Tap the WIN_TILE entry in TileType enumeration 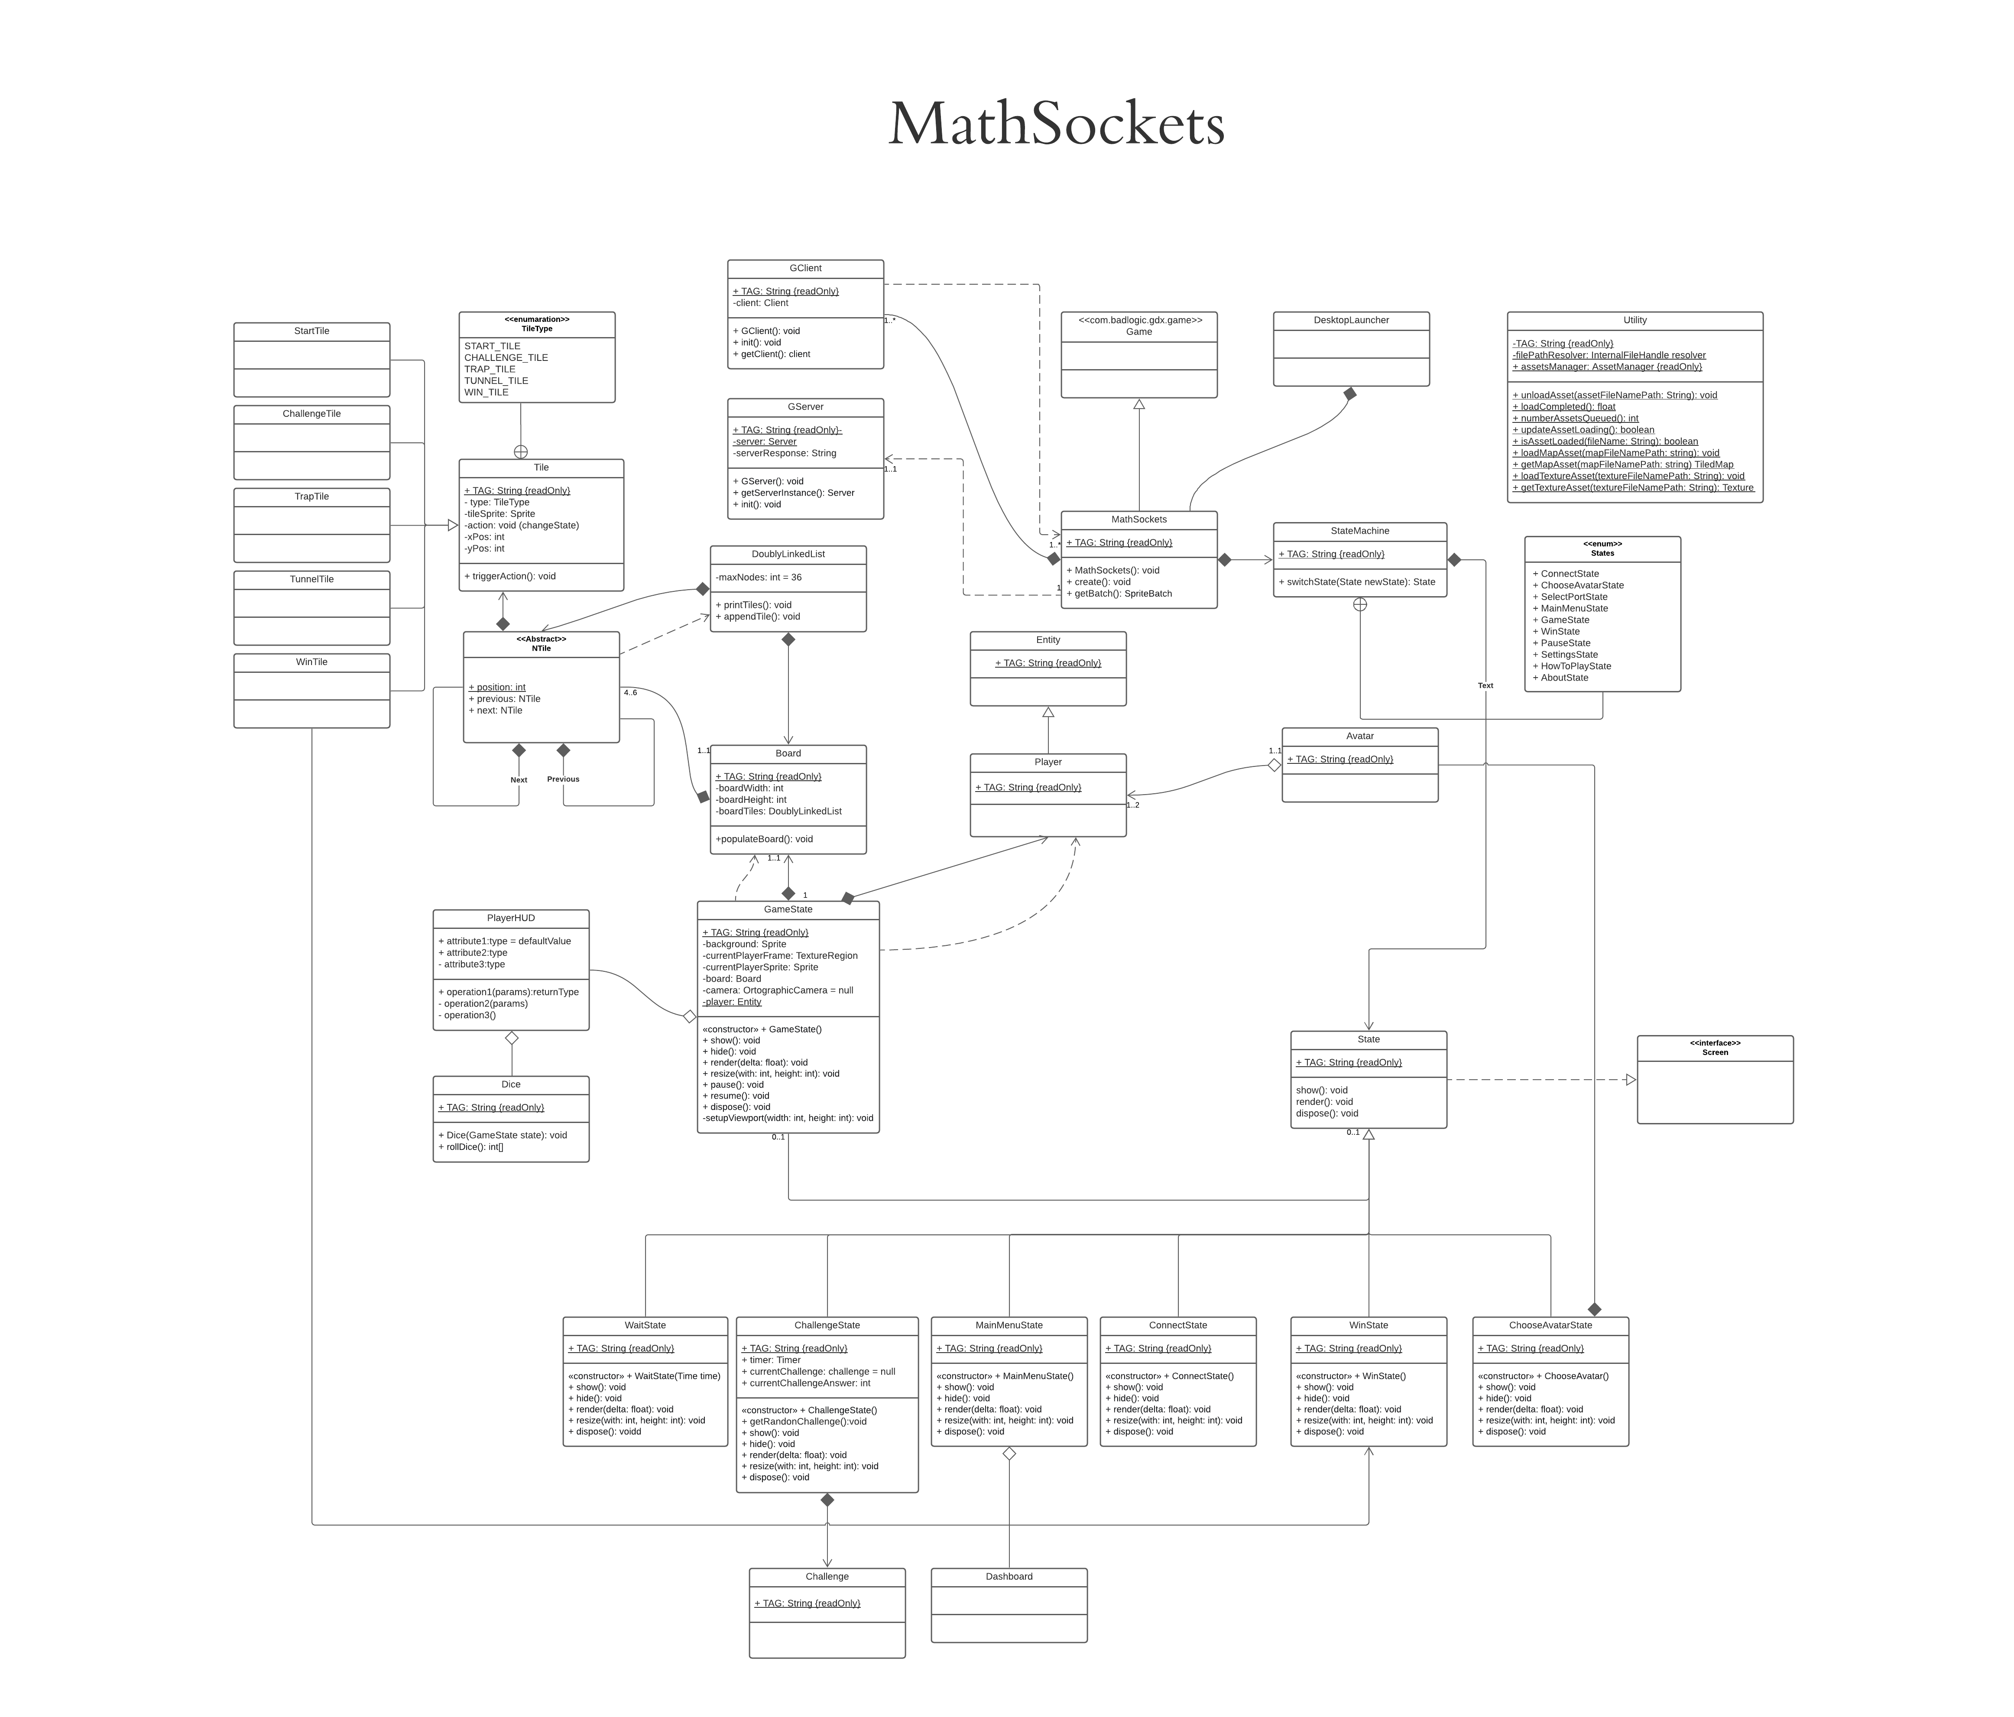(x=486, y=393)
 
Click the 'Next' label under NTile (x=519, y=780)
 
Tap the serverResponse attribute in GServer (x=785, y=453)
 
